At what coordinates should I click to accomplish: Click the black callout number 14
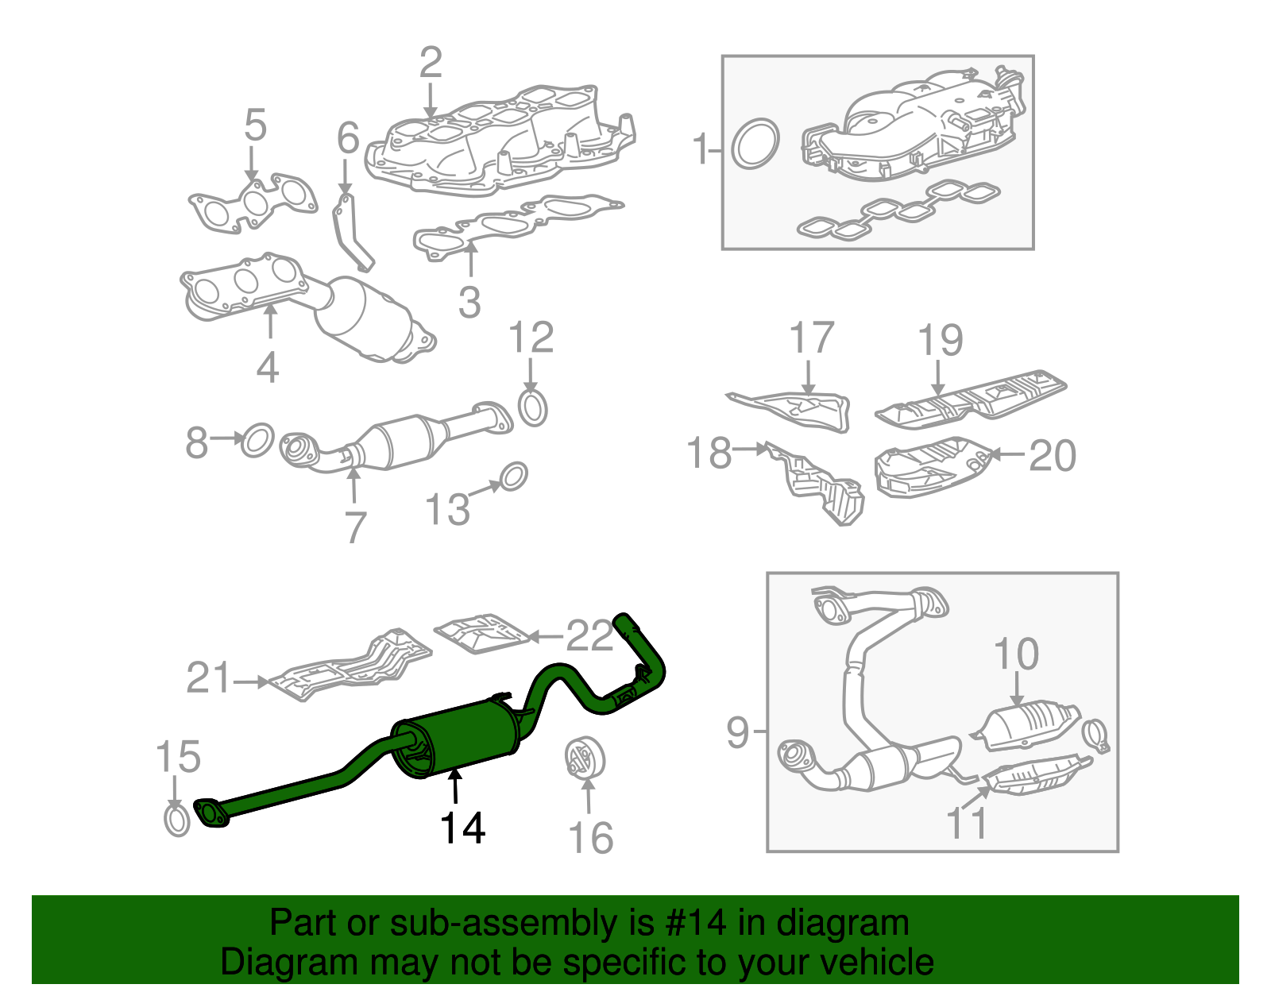point(462,828)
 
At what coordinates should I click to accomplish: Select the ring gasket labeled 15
point(177,820)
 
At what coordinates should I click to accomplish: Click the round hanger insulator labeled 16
point(585,758)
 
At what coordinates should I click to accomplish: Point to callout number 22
point(589,635)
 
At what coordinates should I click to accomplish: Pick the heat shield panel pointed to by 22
point(481,634)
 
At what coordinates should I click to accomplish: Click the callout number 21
point(208,679)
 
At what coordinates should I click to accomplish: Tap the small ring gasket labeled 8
point(257,440)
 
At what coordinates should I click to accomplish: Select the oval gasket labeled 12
point(533,407)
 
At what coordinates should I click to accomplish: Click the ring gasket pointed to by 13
point(514,477)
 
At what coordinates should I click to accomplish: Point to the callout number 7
point(355,526)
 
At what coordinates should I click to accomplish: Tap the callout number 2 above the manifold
point(430,64)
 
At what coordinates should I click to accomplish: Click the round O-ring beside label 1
point(754,145)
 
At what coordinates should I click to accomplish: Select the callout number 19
point(940,341)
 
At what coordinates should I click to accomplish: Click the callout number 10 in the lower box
point(1015,654)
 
